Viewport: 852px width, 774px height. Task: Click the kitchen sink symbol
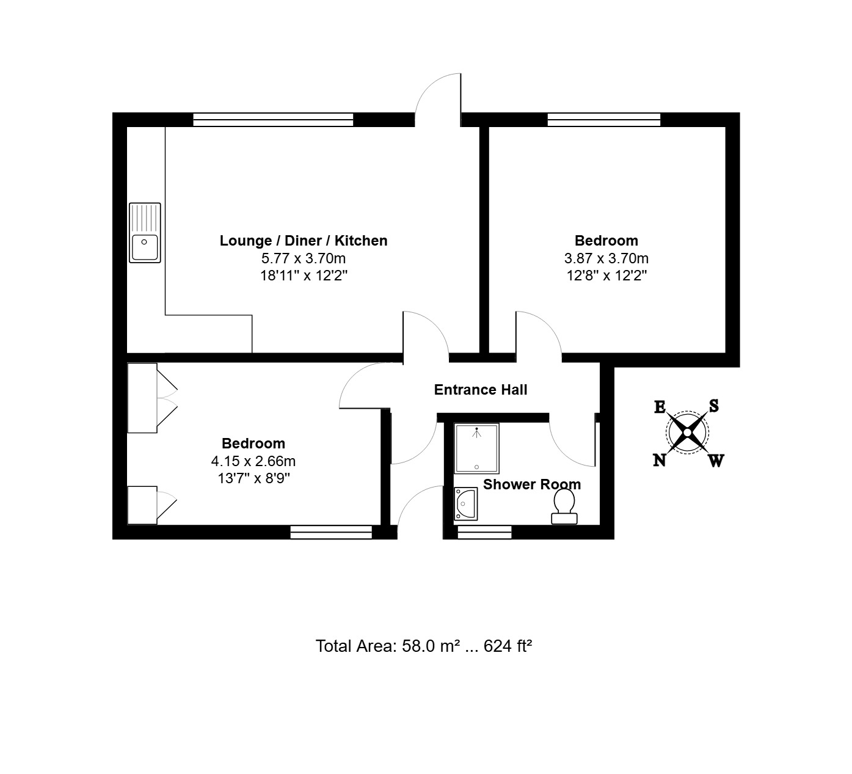point(145,232)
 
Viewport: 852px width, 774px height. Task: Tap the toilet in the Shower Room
point(564,506)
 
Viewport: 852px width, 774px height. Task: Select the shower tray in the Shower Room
point(476,448)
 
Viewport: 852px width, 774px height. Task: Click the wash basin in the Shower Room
point(465,504)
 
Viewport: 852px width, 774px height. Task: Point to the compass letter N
point(659,459)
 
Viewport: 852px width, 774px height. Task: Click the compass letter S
point(713,406)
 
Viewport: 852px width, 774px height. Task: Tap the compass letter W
point(716,461)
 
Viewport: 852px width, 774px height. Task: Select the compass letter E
point(660,407)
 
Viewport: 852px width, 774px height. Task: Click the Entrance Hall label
point(481,390)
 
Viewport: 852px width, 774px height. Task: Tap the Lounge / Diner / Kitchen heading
point(304,241)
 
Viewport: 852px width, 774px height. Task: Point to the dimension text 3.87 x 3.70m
point(606,258)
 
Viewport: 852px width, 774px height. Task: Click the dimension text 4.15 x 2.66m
point(253,461)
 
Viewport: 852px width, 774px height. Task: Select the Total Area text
point(423,646)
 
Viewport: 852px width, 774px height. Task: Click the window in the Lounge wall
point(273,119)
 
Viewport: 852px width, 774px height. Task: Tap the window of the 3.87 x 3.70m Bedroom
point(604,119)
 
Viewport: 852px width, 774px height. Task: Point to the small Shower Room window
point(484,532)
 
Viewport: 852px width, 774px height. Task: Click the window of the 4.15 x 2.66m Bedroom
point(331,532)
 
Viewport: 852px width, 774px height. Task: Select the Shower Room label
point(532,484)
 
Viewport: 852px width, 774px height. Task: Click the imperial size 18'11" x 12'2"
point(304,276)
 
